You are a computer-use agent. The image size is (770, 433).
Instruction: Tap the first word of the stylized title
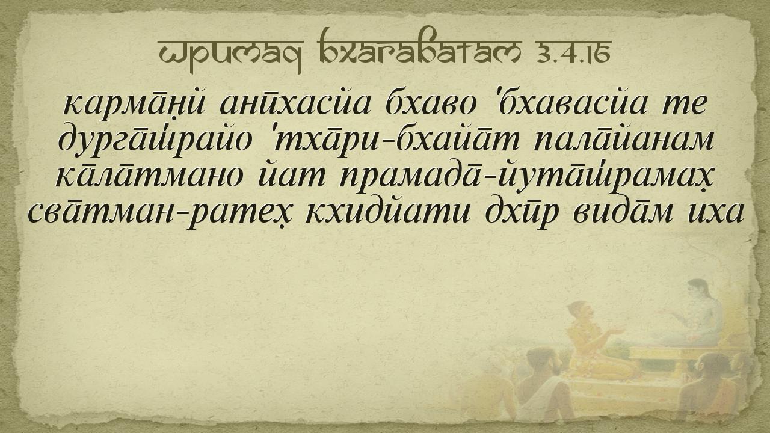point(230,55)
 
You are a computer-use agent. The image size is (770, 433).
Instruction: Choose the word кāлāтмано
point(150,175)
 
